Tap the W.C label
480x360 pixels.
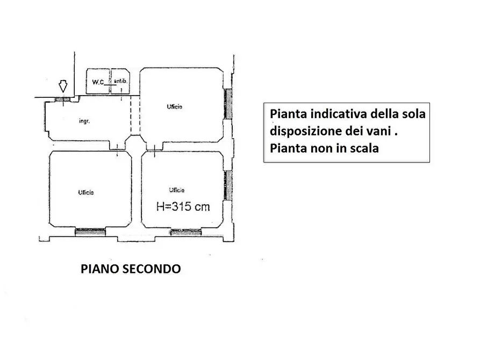click(x=97, y=82)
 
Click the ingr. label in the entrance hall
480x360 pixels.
click(x=84, y=121)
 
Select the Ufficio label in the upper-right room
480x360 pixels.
click(x=175, y=107)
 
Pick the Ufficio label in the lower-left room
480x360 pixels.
click(x=86, y=192)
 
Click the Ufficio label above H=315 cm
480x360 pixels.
click(x=177, y=190)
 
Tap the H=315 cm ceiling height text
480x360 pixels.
click(x=183, y=206)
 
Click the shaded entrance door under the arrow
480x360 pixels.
click(x=63, y=99)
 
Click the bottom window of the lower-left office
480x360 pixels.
click(x=90, y=232)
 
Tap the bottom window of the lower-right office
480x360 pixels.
click(x=185, y=232)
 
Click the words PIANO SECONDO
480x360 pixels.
click(x=131, y=269)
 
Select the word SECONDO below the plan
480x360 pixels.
click(x=154, y=269)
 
